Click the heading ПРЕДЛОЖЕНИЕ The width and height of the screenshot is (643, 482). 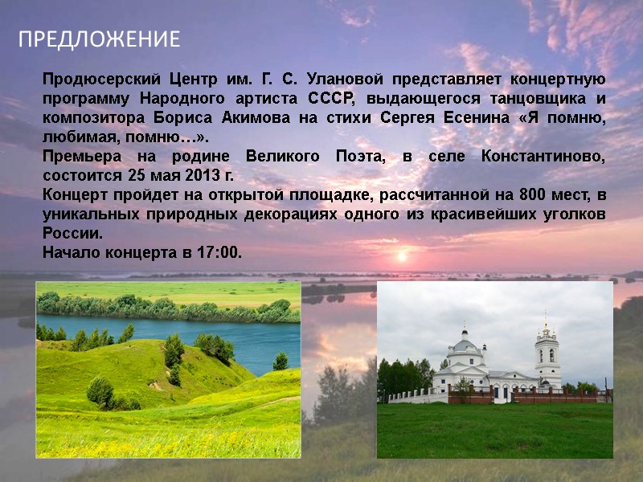(100, 39)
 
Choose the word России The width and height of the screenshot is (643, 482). (72, 234)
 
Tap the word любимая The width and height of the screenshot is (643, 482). (72, 137)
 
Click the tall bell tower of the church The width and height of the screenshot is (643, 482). (547, 353)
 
